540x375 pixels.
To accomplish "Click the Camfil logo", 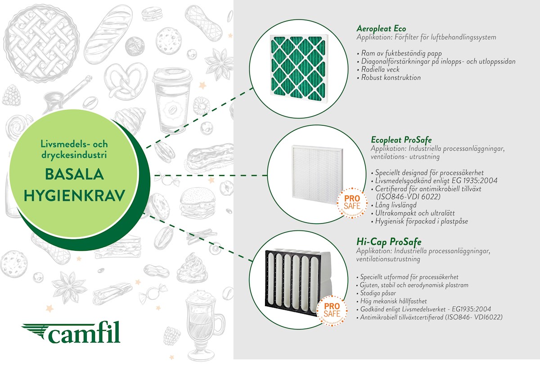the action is (x=71, y=332).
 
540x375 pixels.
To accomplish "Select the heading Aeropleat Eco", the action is (x=381, y=28).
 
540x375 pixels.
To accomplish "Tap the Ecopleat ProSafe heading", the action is (x=401, y=140).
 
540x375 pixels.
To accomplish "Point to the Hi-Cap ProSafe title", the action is (x=389, y=242).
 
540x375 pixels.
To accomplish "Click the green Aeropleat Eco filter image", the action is (x=299, y=66).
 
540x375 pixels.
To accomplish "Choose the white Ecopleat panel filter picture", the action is (x=317, y=174).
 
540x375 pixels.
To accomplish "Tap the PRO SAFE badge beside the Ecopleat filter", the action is (x=352, y=203).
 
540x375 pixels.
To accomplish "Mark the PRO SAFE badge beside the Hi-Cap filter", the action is (x=332, y=310).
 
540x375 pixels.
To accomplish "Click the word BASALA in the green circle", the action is (x=74, y=174).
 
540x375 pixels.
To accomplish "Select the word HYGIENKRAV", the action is (x=74, y=195).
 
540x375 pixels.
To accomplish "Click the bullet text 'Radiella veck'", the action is (x=380, y=69).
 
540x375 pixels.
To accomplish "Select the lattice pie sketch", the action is (x=41, y=43).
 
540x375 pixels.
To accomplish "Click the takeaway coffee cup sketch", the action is (x=172, y=100).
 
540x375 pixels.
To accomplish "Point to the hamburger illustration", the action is (x=197, y=203).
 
